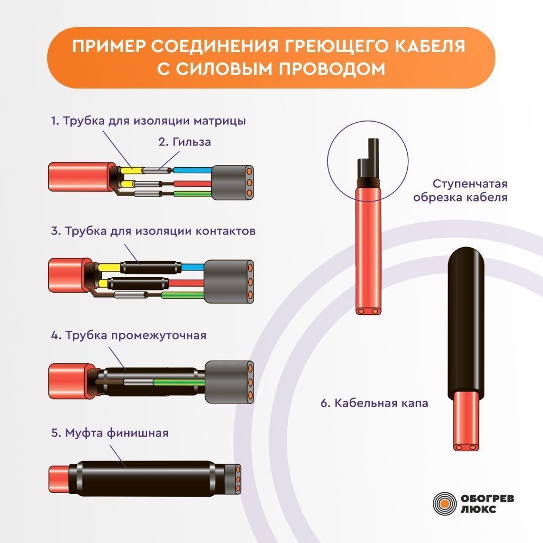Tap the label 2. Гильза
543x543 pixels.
[x=185, y=142]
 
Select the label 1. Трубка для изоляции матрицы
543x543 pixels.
[x=148, y=121]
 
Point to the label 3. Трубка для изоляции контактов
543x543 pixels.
[x=153, y=231]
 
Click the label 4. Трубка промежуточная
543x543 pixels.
[x=129, y=335]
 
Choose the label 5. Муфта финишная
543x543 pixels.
[x=110, y=433]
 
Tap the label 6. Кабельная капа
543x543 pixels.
[x=374, y=403]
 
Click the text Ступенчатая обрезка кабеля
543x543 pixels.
[x=460, y=191]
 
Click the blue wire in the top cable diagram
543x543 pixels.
[x=192, y=171]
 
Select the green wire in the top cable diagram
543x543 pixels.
[x=193, y=194]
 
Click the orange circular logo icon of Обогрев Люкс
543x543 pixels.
[x=445, y=503]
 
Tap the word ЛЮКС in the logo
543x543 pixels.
[x=478, y=509]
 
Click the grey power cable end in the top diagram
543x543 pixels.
[x=232, y=182]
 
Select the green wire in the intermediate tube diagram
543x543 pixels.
[x=179, y=382]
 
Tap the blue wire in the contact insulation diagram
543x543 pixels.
[x=193, y=267]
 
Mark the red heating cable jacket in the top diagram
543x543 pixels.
[x=82, y=176]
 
